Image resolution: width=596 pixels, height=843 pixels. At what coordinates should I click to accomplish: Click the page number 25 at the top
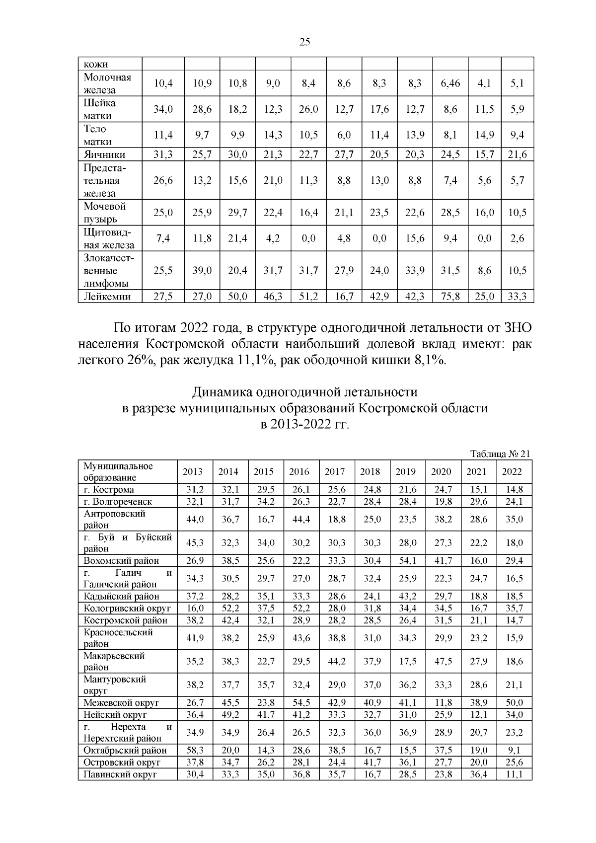(305, 42)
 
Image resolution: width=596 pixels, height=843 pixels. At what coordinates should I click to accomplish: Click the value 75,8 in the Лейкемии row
(450, 297)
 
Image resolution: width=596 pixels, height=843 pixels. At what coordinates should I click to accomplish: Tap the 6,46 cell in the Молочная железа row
(450, 83)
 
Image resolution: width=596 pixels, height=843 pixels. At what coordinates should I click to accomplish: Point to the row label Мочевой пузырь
(105, 213)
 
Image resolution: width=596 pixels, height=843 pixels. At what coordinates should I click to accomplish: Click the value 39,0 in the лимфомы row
(202, 271)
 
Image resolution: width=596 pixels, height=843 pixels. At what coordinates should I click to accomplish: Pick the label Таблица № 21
(500, 454)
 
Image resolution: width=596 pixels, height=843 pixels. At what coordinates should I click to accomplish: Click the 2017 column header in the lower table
(334, 472)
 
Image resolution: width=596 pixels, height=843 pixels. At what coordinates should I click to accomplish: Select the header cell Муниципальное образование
(118, 472)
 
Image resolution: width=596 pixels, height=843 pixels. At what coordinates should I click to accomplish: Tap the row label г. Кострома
(109, 490)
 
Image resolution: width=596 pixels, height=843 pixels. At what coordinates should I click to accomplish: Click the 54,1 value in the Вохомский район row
(405, 561)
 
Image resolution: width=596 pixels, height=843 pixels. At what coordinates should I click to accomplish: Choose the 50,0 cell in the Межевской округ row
(514, 703)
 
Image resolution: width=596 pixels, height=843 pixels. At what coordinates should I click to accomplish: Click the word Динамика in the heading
(222, 392)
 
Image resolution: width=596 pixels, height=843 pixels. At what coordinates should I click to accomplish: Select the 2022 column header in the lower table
(512, 472)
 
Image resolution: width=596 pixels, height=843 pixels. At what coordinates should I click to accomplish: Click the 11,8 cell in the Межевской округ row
(441, 703)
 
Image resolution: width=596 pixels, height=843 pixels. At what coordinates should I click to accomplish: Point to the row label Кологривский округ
(127, 608)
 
